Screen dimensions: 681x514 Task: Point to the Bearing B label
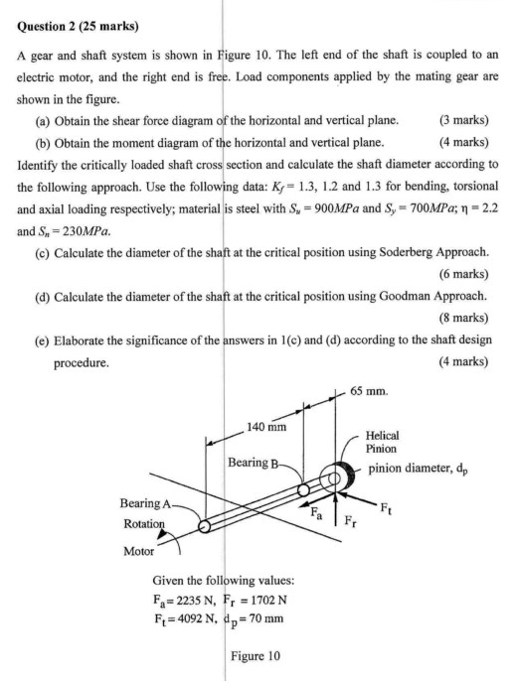[x=256, y=464]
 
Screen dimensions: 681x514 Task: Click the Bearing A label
[x=145, y=504]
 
